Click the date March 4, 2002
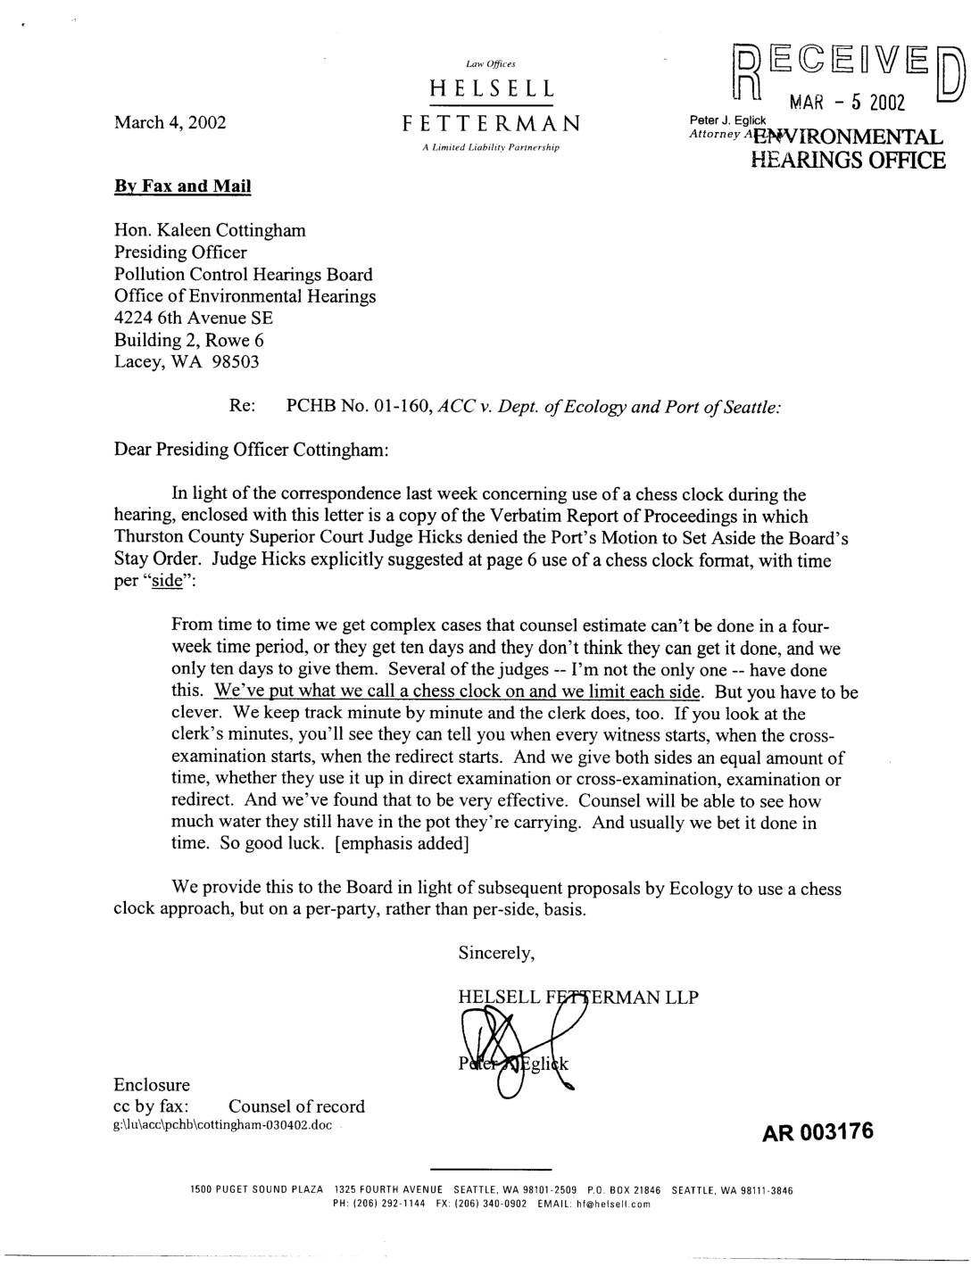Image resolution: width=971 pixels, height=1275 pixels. coord(170,122)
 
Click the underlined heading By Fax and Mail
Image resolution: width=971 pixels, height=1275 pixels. coord(182,186)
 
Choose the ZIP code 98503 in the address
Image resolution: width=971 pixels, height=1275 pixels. coord(235,361)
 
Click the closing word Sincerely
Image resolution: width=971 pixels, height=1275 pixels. coord(496,952)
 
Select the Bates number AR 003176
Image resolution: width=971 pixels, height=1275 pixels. coord(817,1132)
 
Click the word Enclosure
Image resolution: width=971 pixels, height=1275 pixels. coord(152,1085)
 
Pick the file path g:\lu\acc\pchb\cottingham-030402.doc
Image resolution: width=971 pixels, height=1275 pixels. coord(222,1125)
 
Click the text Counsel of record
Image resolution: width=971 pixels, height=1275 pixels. coord(296,1106)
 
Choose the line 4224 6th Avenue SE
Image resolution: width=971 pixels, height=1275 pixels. coord(194,318)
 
